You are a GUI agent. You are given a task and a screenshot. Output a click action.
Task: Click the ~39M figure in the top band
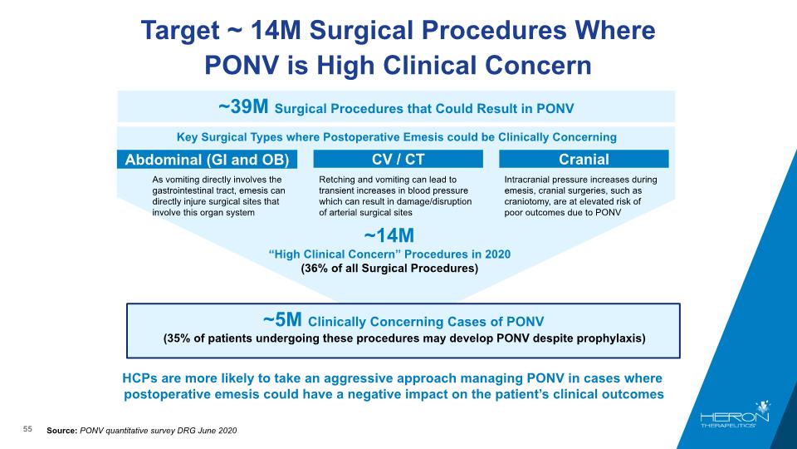tap(243, 107)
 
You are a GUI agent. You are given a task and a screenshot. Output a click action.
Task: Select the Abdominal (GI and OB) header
tap(207, 160)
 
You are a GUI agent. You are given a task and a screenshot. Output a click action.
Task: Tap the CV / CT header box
tap(398, 159)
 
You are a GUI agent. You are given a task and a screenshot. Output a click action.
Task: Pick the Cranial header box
tap(584, 159)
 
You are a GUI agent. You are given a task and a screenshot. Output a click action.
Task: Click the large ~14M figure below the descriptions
tap(389, 235)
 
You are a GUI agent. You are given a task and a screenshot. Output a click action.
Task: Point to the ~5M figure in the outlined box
tap(282, 319)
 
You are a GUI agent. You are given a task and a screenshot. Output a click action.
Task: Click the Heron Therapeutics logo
tap(735, 414)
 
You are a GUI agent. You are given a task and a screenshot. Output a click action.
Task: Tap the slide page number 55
tap(27, 429)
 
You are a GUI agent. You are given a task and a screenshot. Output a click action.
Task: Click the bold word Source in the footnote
tap(61, 430)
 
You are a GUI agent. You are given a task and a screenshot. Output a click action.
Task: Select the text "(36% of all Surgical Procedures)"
tap(390, 269)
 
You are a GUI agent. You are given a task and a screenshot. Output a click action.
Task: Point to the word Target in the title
tap(180, 30)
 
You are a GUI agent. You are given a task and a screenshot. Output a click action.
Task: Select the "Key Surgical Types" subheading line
tap(397, 137)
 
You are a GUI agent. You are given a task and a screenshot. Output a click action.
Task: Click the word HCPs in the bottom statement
tap(139, 378)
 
